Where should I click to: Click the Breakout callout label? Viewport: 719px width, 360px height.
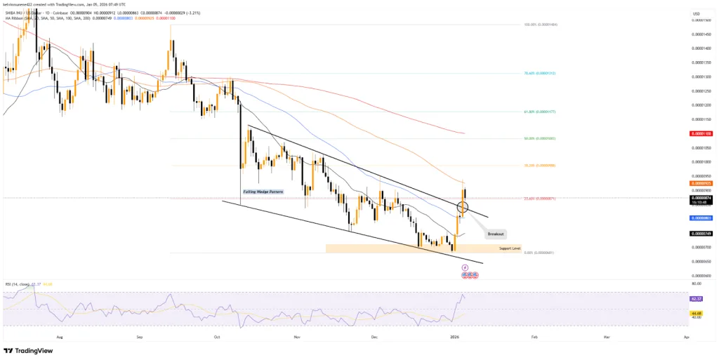(495, 234)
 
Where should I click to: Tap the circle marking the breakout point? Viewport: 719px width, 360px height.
(463, 207)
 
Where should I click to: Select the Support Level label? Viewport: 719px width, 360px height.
(510, 249)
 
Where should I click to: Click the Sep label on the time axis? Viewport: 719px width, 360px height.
(140, 338)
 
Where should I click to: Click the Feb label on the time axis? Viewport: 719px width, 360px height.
(534, 338)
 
